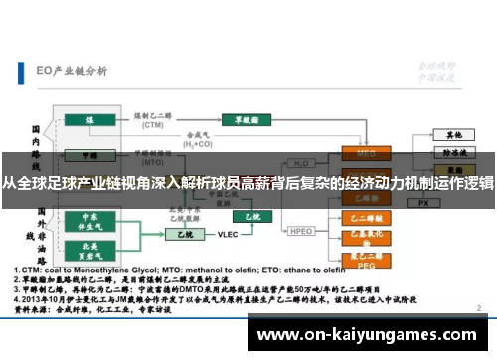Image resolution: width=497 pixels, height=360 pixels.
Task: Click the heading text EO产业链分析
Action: pos(72,71)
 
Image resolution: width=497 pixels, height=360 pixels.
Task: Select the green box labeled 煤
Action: pos(90,121)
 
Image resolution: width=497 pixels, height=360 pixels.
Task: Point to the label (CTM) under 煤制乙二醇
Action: pos(152,126)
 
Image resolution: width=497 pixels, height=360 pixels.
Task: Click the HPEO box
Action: pos(302,231)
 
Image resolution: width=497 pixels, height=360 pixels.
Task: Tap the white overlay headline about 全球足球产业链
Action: pos(248,184)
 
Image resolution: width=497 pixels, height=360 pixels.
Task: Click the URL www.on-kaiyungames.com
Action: pos(369,335)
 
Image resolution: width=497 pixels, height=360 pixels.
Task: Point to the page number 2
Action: pos(481,309)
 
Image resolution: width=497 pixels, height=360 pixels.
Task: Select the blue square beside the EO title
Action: pos(21,71)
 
